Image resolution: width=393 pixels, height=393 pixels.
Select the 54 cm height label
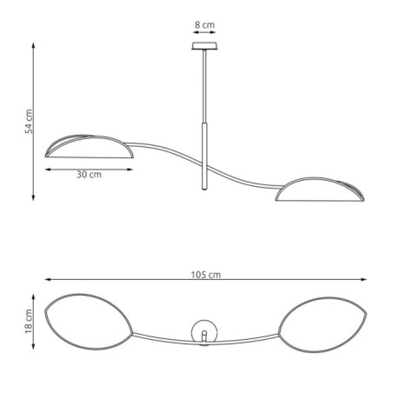(29, 122)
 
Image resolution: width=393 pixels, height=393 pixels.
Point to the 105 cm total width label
(204, 274)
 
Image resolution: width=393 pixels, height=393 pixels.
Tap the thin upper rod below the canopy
(204, 87)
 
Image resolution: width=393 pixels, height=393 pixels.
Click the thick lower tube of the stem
(205, 157)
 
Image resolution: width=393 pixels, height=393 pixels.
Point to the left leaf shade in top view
(90, 323)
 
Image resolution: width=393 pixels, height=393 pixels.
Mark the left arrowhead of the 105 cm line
(46, 280)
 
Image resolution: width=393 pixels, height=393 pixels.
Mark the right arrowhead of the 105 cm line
(365, 280)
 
